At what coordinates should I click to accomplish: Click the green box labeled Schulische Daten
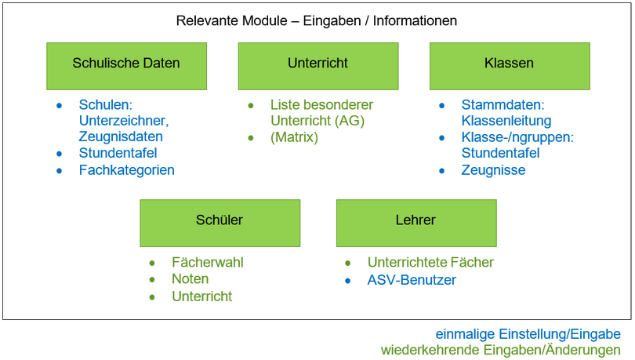click(x=126, y=64)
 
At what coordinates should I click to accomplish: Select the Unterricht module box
click(x=317, y=64)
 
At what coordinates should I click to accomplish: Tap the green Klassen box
click(x=509, y=64)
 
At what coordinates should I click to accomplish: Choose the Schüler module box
click(x=220, y=221)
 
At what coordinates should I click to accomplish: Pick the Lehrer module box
click(x=415, y=221)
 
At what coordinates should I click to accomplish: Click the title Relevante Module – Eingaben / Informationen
click(x=317, y=21)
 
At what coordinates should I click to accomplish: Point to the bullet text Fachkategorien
click(x=126, y=170)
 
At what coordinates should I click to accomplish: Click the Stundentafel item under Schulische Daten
click(x=118, y=153)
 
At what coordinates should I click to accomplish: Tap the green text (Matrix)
click(x=294, y=137)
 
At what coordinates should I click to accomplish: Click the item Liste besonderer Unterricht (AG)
click(x=321, y=113)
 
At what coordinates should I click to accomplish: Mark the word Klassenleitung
click(x=506, y=121)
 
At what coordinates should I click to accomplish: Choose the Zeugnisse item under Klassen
click(x=493, y=170)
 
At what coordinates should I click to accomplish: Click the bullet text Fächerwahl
click(x=207, y=263)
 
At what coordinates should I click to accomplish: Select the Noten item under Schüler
click(x=190, y=279)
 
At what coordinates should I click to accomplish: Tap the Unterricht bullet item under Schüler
click(x=201, y=296)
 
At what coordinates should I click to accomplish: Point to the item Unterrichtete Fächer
click(x=430, y=263)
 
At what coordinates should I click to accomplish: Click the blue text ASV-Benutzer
click(x=411, y=280)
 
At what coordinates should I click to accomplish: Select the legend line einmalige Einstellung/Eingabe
click(x=528, y=334)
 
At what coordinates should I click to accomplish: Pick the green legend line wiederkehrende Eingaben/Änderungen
click(x=501, y=350)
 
